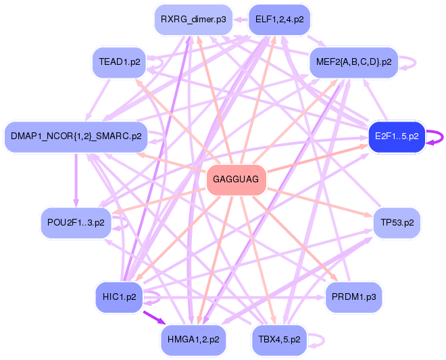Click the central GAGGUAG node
pyautogui.click(x=236, y=179)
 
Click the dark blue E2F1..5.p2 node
pyautogui.click(x=396, y=136)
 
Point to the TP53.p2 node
pyautogui.click(x=397, y=222)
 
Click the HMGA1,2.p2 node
pyautogui.click(x=193, y=339)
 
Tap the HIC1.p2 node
pyautogui.click(x=119, y=297)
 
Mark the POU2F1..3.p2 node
pyautogui.click(x=76, y=222)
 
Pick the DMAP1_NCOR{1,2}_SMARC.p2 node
pyautogui.click(x=76, y=136)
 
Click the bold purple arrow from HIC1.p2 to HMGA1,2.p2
pyautogui.click(x=153, y=317)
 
